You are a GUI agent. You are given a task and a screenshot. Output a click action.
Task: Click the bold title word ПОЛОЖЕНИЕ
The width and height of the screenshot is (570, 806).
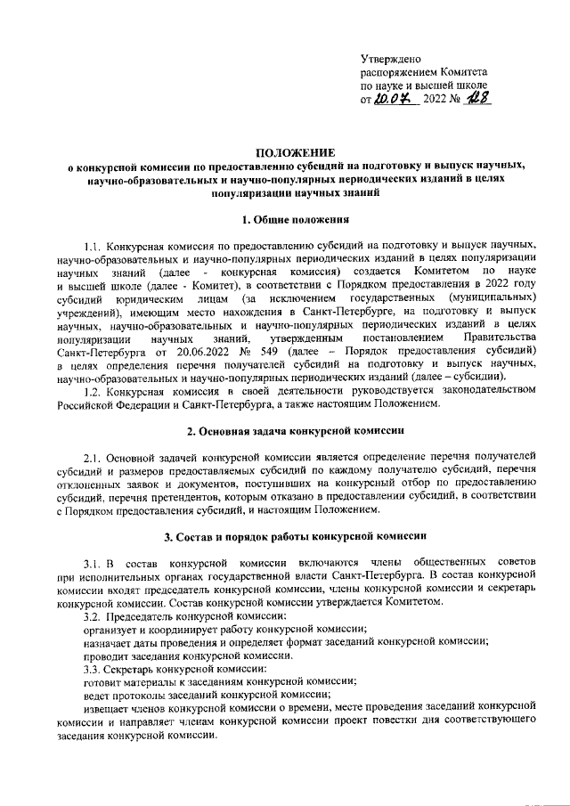(x=284, y=151)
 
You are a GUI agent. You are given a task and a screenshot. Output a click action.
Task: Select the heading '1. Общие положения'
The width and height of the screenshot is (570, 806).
(x=285, y=217)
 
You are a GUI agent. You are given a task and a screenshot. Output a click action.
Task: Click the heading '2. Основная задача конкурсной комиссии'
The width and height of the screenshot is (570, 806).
(x=285, y=430)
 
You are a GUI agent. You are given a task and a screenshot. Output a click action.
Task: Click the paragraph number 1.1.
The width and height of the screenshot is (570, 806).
(x=92, y=244)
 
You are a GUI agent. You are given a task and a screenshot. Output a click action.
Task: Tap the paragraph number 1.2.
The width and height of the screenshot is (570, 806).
(x=92, y=391)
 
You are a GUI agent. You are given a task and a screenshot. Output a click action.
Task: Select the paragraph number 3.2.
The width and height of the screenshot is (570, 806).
(x=92, y=616)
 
